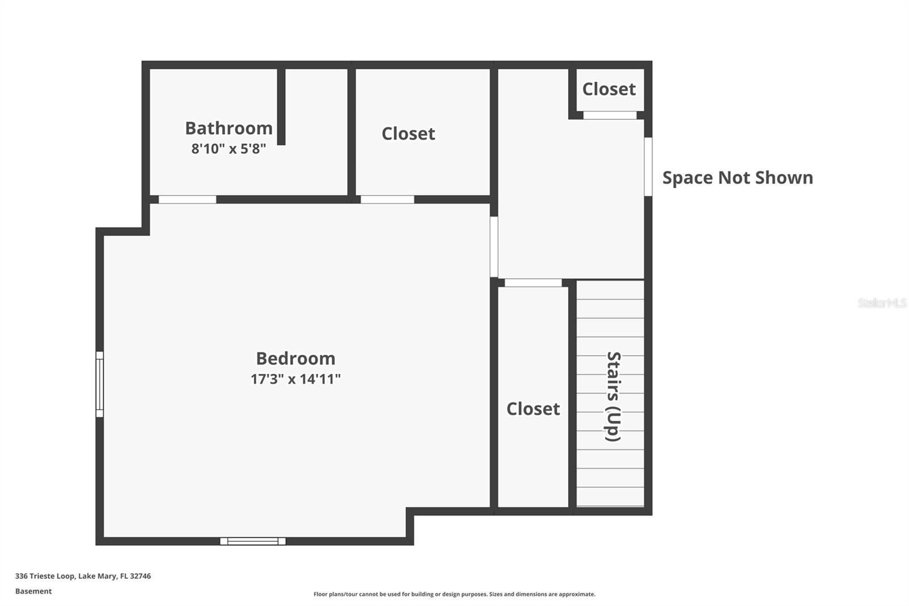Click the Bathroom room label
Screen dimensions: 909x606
point(229,128)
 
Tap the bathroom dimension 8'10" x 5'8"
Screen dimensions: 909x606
point(228,148)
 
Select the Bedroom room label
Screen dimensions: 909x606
point(295,358)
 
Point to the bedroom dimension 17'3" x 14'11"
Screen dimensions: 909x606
point(295,379)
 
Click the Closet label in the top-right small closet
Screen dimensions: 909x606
point(608,89)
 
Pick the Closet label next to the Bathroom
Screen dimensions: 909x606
point(408,134)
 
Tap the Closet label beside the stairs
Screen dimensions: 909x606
point(533,409)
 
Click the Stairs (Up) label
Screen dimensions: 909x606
point(613,396)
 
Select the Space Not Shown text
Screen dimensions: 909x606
point(738,177)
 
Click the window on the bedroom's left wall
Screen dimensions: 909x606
point(99,384)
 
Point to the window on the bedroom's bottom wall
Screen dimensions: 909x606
point(253,541)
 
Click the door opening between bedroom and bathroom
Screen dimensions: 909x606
point(187,200)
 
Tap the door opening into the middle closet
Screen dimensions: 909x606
point(387,200)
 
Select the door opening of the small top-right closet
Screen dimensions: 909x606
point(610,115)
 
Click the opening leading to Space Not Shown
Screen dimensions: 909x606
point(648,167)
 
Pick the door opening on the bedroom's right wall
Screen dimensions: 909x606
point(494,247)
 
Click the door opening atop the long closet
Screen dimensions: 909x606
point(533,283)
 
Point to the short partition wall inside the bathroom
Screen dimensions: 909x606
point(281,107)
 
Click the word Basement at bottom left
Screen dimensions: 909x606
point(34,591)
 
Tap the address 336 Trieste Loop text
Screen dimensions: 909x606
point(45,576)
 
